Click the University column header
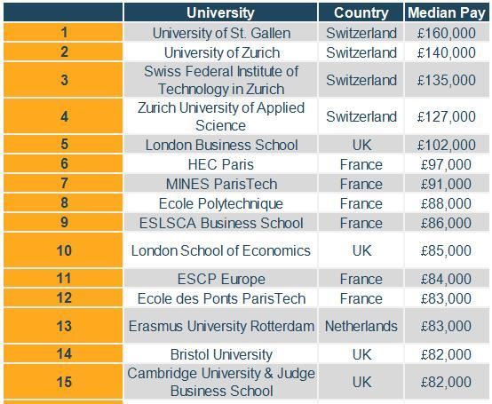[x=220, y=12]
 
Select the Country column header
[x=361, y=12]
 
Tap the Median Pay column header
[x=447, y=12]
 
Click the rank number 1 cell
[x=64, y=32]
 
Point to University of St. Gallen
[x=221, y=33]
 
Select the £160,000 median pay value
[x=446, y=33]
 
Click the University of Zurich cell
[x=221, y=52]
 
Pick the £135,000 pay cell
[x=446, y=80]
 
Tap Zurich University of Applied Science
[x=221, y=116]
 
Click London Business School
[x=221, y=145]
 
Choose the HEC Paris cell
[x=221, y=164]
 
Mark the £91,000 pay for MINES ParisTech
[x=446, y=184]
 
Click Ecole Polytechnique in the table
[x=221, y=203]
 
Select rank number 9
[x=64, y=222]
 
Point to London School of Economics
[x=221, y=250]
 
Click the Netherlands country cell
[x=361, y=326]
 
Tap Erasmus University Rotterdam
[x=221, y=326]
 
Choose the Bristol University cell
[x=221, y=355]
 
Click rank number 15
[x=64, y=382]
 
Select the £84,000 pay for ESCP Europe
[x=446, y=279]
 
